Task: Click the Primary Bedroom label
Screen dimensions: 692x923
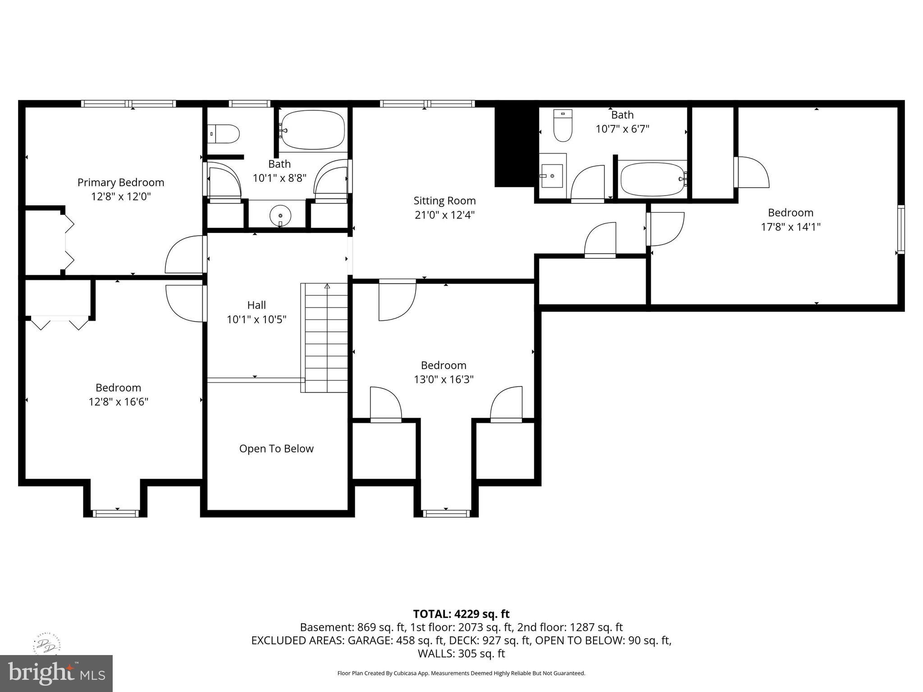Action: pos(121,182)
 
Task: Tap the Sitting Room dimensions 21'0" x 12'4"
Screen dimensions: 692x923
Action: pos(444,215)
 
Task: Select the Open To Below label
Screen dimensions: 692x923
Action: pos(276,449)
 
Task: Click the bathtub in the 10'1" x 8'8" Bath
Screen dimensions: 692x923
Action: pos(312,129)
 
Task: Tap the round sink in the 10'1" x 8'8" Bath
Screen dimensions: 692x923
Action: pos(280,216)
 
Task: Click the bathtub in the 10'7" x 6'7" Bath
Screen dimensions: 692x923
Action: pos(652,179)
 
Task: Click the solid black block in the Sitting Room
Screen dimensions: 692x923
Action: pos(514,146)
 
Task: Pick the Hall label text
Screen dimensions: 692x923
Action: pos(256,305)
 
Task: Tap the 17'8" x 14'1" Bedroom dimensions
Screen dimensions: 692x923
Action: pos(790,227)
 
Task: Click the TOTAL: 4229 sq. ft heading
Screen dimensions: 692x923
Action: pos(461,614)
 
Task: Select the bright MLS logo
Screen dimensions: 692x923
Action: pos(56,673)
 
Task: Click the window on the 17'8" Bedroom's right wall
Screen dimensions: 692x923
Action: pos(900,229)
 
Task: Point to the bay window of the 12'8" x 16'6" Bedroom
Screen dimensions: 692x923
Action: pos(115,513)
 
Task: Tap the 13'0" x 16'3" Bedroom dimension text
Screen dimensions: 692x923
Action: pos(443,379)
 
